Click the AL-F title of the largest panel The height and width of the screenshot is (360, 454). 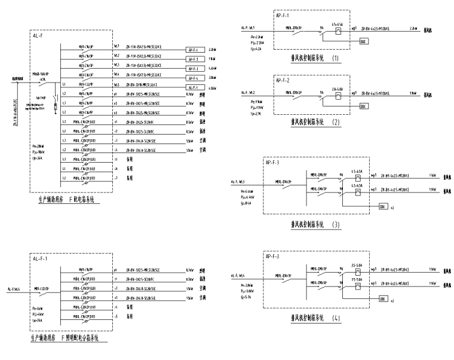point(39,36)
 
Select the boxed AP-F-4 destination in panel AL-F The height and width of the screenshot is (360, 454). point(192,78)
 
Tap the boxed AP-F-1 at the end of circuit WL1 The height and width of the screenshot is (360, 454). point(192,50)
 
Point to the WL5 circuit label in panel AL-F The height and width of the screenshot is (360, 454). point(117,85)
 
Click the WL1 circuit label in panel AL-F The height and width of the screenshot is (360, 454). point(117,45)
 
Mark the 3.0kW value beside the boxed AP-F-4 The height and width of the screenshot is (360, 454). point(213,78)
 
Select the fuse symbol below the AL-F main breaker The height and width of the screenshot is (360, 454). point(55,106)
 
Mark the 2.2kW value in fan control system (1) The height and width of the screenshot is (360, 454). point(413,28)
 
